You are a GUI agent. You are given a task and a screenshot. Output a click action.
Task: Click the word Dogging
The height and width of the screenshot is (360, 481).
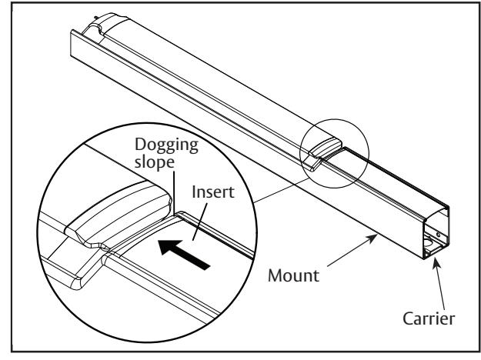[166, 145]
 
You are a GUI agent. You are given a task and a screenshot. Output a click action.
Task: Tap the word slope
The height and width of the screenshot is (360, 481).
[154, 162]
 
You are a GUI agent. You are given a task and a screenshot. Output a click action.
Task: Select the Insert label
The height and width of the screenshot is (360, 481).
[213, 192]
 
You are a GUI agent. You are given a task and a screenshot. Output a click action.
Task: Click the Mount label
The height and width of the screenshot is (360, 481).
[293, 275]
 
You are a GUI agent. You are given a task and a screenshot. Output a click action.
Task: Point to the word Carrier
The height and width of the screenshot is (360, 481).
[429, 318]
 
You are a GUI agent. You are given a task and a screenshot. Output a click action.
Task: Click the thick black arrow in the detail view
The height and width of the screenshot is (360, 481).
[184, 255]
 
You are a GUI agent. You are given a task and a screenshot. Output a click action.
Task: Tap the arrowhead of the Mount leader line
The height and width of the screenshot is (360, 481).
[372, 238]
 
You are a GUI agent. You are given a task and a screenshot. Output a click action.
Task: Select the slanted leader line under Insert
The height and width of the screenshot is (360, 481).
[200, 221]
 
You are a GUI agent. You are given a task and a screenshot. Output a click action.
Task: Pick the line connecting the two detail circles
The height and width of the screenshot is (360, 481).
[282, 191]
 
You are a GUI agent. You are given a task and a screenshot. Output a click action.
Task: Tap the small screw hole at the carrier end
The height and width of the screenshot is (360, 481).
[439, 235]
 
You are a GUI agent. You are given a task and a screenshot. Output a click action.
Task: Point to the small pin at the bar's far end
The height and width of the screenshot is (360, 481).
[96, 18]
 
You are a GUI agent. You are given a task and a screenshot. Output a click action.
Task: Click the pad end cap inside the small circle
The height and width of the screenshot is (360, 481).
[326, 147]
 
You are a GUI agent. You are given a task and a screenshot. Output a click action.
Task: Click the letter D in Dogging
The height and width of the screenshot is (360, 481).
[140, 144]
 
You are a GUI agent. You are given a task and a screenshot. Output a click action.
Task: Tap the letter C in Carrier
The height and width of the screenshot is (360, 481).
[408, 319]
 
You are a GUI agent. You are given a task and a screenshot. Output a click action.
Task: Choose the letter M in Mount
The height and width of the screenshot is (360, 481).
[276, 275]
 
